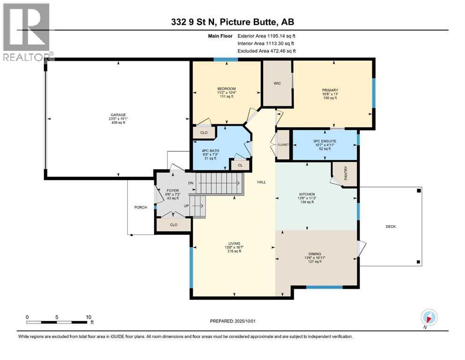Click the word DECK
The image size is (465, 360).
pyautogui.click(x=391, y=226)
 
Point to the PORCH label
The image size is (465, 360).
pyautogui.click(x=140, y=207)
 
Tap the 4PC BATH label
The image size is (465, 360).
pyautogui.click(x=211, y=150)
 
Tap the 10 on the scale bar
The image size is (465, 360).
pyautogui.click(x=89, y=317)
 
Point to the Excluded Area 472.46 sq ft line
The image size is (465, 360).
pyautogui.click(x=267, y=51)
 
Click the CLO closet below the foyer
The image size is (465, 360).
pyautogui.click(x=173, y=225)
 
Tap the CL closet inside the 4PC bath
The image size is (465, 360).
pyautogui.click(x=239, y=165)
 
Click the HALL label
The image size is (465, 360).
pyautogui.click(x=261, y=182)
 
